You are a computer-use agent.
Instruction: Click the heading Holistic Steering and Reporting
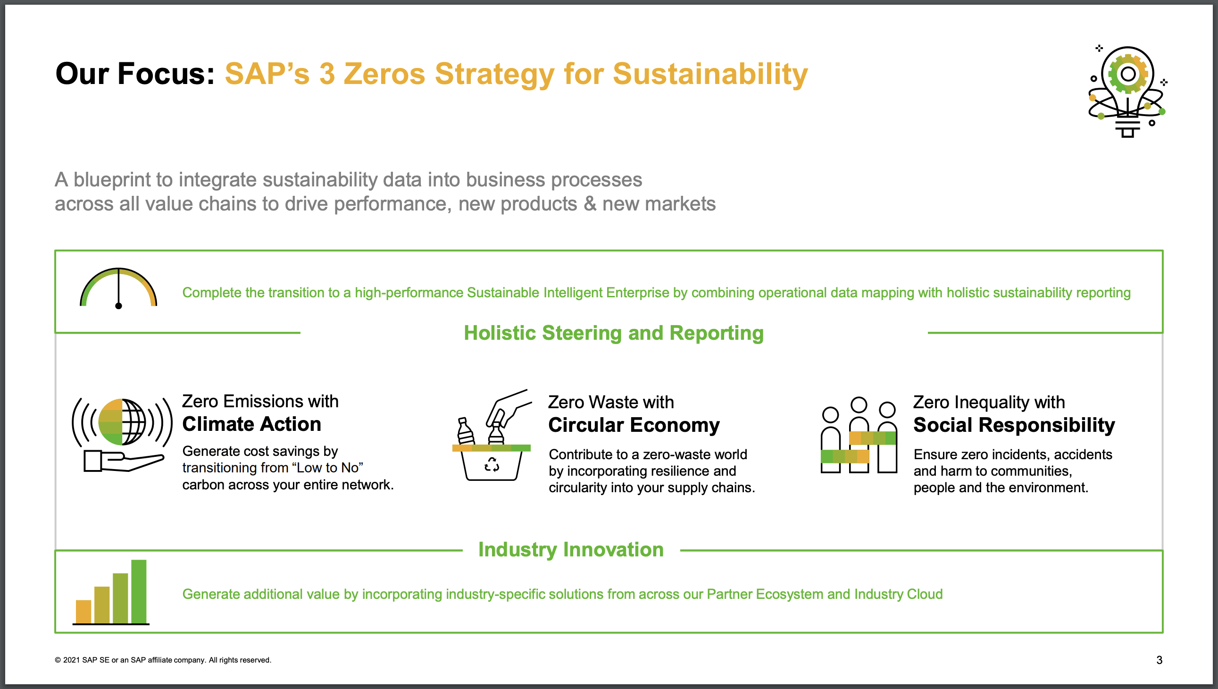coord(614,333)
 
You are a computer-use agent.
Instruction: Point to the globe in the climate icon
coord(122,421)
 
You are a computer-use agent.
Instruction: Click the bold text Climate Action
coord(251,424)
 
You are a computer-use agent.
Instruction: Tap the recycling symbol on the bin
coord(492,465)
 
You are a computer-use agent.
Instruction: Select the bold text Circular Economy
coord(634,425)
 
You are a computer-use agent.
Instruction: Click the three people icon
coord(859,435)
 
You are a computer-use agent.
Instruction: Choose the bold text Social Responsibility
coord(1014,425)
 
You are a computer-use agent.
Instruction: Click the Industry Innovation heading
coord(571,550)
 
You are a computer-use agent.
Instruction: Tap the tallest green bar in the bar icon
coord(139,591)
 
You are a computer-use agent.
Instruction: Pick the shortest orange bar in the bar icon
coord(83,612)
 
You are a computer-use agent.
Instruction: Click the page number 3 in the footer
coord(1159,660)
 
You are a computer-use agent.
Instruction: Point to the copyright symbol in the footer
coord(58,660)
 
